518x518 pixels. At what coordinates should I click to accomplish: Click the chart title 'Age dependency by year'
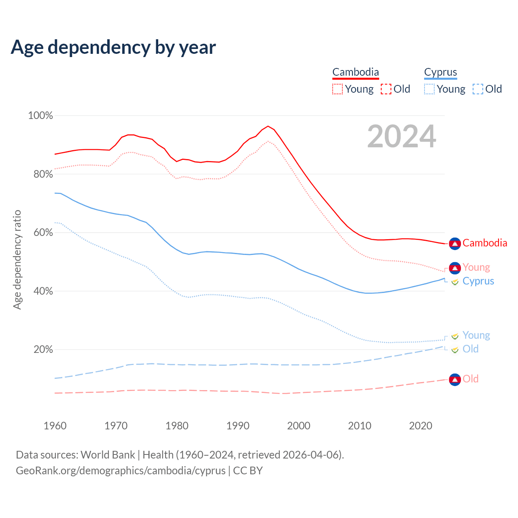tap(113, 47)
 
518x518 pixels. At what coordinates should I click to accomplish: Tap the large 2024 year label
tap(401, 137)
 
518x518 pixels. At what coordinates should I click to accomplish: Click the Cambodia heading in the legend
tap(355, 72)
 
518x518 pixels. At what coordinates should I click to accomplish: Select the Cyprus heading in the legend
tap(440, 72)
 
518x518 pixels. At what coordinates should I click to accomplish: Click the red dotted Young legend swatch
tap(337, 89)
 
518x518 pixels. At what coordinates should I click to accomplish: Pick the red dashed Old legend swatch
tap(386, 89)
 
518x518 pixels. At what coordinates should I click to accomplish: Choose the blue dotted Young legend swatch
tap(429, 89)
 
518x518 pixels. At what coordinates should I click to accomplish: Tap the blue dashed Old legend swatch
tap(478, 89)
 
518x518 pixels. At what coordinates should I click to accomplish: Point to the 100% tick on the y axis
tap(40, 116)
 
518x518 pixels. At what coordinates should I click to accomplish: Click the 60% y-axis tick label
tap(43, 233)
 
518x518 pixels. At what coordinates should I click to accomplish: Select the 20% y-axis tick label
tap(43, 349)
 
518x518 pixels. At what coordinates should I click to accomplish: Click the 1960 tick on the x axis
tap(55, 426)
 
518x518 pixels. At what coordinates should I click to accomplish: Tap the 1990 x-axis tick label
tap(238, 426)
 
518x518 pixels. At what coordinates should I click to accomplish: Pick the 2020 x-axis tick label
tap(420, 426)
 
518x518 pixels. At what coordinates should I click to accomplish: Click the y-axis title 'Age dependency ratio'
tap(17, 259)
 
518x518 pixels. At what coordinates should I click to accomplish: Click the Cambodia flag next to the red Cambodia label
tap(455, 244)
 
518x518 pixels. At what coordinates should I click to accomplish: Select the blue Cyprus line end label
tap(478, 281)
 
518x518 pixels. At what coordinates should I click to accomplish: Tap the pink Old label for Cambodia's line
tap(470, 379)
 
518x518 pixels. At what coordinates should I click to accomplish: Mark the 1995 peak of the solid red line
tap(268, 126)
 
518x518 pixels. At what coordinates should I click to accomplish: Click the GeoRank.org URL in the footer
tap(121, 471)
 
